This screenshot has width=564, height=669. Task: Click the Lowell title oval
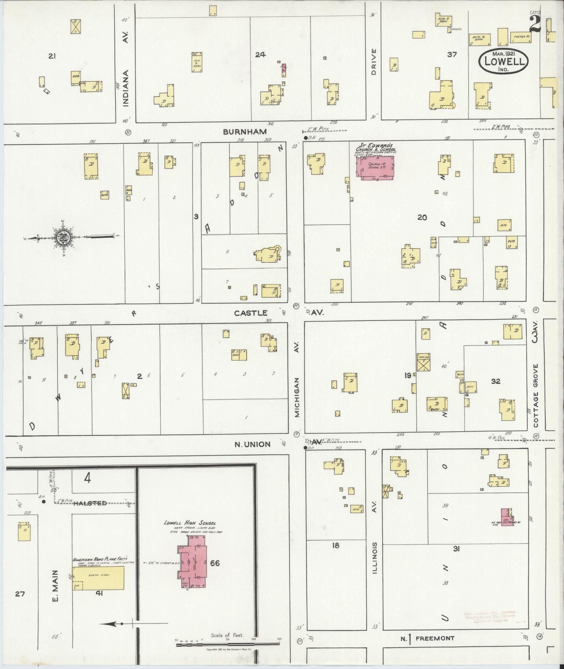coord(503,61)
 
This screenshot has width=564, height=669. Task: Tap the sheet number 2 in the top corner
coord(535,24)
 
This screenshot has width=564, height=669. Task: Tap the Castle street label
coord(251,313)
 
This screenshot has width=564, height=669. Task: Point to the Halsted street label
coord(90,503)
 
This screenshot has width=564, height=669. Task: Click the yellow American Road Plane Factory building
coord(98,578)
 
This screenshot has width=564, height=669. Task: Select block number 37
coord(452,55)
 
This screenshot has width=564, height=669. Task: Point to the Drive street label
coord(373,62)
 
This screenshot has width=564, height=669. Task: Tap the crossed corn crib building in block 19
coord(423,362)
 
